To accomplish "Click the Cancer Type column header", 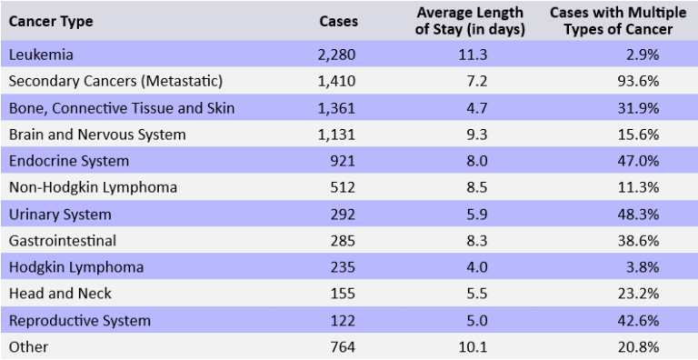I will pos(51,21).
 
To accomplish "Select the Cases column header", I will pos(339,21).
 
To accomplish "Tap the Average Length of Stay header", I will pos(469,21).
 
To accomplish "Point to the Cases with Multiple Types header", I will pos(611,21).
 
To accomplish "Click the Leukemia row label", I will pos(41,55).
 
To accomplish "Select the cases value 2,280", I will pos(336,55).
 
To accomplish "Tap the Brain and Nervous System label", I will pos(97,135).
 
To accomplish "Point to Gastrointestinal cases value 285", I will pos(344,241).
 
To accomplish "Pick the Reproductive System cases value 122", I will pos(344,321).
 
